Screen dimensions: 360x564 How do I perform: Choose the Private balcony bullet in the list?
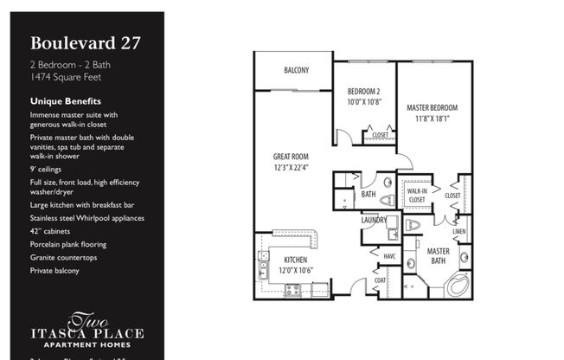pos(55,270)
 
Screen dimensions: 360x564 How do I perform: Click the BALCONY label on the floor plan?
pos(296,70)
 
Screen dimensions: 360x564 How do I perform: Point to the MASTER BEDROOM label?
pos(432,107)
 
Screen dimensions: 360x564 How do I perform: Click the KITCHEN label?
pos(296,259)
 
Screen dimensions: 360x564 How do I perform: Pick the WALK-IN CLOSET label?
pos(417,195)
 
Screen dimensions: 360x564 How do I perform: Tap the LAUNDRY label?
pos(375,220)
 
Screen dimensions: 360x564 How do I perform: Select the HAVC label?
pos(388,255)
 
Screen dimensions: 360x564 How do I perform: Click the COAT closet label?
pos(380,280)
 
